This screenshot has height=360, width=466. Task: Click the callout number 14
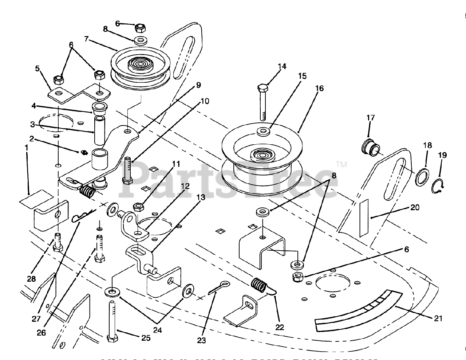coord(282,66)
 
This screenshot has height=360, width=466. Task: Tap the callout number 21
coord(438,318)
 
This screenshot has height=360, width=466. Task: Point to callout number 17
coord(370,118)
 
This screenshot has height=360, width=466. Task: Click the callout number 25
coord(145,338)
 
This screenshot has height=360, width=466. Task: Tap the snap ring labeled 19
coord(437,186)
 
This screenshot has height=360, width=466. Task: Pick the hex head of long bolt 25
coord(112,338)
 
